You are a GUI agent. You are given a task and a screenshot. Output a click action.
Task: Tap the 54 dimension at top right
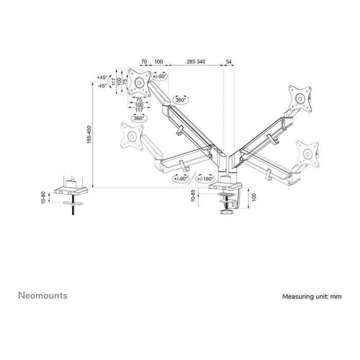[229, 62]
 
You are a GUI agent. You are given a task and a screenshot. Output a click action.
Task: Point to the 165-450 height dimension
[89, 135]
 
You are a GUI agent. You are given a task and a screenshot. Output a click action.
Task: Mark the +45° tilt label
[101, 78]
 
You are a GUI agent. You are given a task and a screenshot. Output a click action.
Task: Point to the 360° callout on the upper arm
[180, 100]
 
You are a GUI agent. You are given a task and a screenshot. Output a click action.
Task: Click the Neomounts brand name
[43, 296]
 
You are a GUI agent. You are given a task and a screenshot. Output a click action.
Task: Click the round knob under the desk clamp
[224, 211]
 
